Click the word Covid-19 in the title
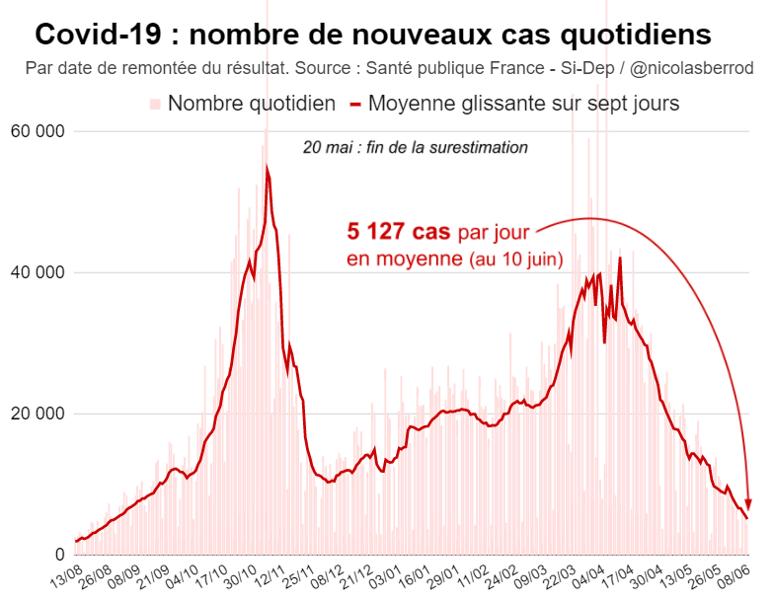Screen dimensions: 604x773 point(93,36)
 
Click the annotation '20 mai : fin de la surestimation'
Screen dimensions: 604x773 point(415,147)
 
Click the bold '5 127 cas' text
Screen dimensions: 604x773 point(398,233)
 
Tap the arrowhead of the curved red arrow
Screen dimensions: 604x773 point(748,504)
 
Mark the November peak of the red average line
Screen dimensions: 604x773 point(268,170)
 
